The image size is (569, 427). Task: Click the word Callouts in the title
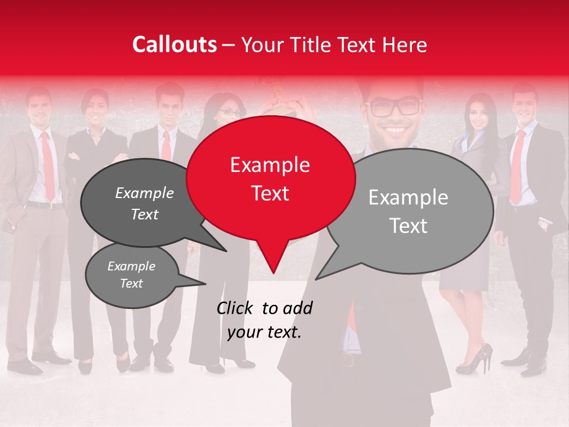[174, 44]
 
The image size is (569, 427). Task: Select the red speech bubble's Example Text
[270, 179]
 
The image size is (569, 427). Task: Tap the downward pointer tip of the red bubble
[273, 273]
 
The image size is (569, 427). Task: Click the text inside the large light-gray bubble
[408, 211]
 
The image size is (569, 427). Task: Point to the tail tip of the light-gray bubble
[316, 279]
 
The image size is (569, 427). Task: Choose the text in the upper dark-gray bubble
[145, 203]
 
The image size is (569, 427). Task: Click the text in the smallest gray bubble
[131, 275]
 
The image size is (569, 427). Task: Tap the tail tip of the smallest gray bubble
[205, 283]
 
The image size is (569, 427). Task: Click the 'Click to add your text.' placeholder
[264, 320]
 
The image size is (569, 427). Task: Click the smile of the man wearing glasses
[394, 129]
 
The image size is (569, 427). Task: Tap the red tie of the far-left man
[47, 166]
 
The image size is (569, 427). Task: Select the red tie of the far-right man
[517, 166]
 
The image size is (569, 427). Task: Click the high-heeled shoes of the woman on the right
[478, 359]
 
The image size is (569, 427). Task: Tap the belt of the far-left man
[44, 205]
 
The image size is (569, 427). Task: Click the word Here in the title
[406, 44]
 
